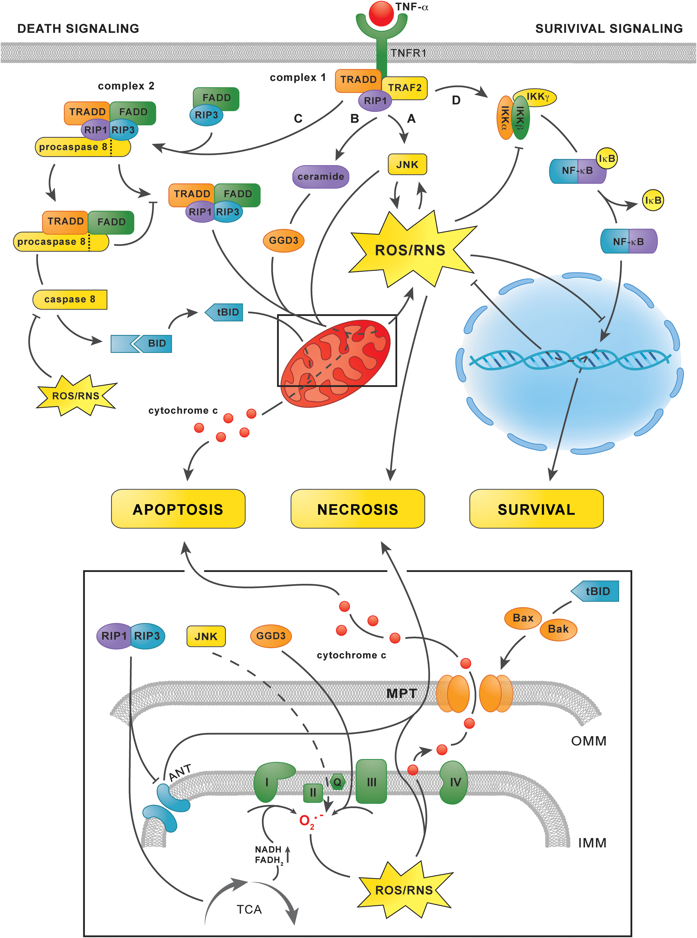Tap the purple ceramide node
click(321, 176)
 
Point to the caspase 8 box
click(70, 300)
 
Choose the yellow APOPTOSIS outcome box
click(178, 509)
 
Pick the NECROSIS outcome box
click(358, 509)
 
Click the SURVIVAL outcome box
click(536, 509)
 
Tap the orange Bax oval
click(523, 618)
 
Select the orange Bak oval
click(558, 629)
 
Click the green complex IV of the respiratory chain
click(454, 782)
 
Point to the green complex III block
click(371, 781)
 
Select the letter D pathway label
click(456, 100)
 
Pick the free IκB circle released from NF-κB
click(653, 200)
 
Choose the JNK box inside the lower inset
click(206, 636)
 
